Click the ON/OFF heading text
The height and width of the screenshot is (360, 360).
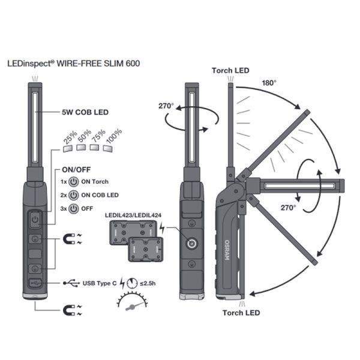point(77,169)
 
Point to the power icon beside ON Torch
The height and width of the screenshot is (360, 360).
point(73,182)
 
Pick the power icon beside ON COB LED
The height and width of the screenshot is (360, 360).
point(73,195)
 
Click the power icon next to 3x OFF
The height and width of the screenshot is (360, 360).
point(73,208)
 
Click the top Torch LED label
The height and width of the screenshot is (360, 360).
point(231,71)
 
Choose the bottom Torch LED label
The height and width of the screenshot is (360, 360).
point(242,313)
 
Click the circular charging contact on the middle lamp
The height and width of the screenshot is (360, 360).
point(191,244)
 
